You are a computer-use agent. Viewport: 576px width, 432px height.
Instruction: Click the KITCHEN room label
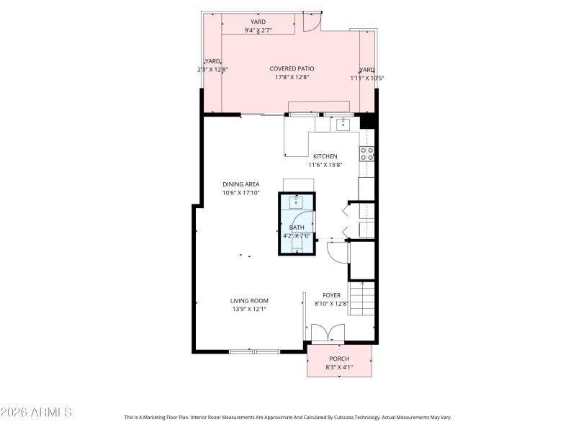[x=325, y=156]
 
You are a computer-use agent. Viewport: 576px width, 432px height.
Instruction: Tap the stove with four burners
[x=366, y=153]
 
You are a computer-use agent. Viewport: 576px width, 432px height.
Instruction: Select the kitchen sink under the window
[x=343, y=125]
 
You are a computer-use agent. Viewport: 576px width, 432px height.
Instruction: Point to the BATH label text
[x=297, y=228]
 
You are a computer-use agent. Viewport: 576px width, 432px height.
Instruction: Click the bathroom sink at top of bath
[x=297, y=202]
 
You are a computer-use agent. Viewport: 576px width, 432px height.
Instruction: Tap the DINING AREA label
[x=240, y=184]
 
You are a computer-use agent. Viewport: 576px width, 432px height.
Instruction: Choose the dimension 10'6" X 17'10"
[x=240, y=193]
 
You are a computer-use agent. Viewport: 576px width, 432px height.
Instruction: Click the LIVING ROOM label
[x=249, y=301]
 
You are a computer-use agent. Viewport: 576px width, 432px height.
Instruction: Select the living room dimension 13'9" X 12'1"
[x=249, y=310]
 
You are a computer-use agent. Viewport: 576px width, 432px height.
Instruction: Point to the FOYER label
[x=331, y=295]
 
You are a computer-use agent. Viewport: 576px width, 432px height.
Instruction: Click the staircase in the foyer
[x=362, y=299]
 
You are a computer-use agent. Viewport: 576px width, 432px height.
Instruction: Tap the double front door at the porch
[x=328, y=333]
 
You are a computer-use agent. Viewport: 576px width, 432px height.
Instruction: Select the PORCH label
[x=339, y=359]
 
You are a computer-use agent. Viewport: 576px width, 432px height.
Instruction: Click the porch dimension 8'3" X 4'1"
[x=339, y=367]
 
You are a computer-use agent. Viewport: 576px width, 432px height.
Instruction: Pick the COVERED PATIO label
[x=292, y=68]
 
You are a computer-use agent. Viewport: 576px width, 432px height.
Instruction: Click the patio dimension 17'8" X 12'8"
[x=292, y=77]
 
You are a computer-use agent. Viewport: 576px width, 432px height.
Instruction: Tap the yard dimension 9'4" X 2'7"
[x=258, y=31]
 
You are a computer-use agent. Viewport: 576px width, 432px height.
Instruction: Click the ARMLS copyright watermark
[x=36, y=413]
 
